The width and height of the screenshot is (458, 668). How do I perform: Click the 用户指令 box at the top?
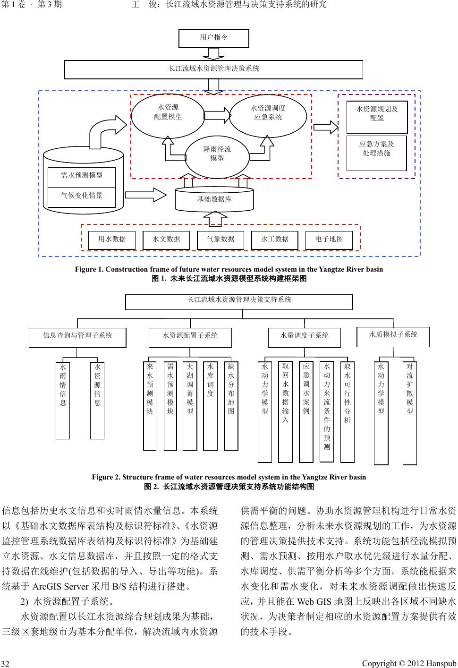(213, 38)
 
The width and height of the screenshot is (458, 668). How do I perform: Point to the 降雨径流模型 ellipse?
(217, 154)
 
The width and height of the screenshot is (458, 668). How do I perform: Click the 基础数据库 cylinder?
(214, 200)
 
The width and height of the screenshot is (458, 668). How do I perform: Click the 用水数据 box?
(112, 240)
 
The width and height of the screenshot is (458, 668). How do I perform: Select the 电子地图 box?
(329, 240)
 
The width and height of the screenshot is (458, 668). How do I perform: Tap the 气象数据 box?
(221, 240)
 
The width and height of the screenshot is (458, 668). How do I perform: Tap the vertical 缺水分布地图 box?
(231, 406)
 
